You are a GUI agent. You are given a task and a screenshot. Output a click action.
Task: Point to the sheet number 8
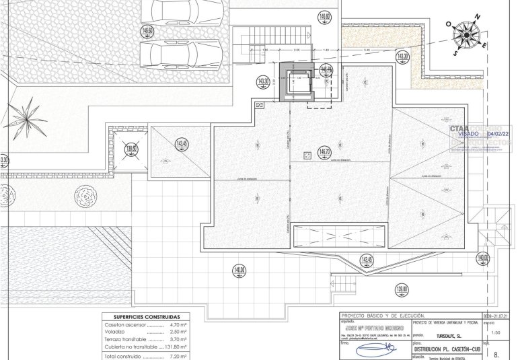click(497, 353)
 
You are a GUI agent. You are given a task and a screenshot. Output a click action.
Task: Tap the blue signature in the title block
click(375, 350)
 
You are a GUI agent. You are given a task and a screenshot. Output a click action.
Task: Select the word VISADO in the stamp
click(468, 133)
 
